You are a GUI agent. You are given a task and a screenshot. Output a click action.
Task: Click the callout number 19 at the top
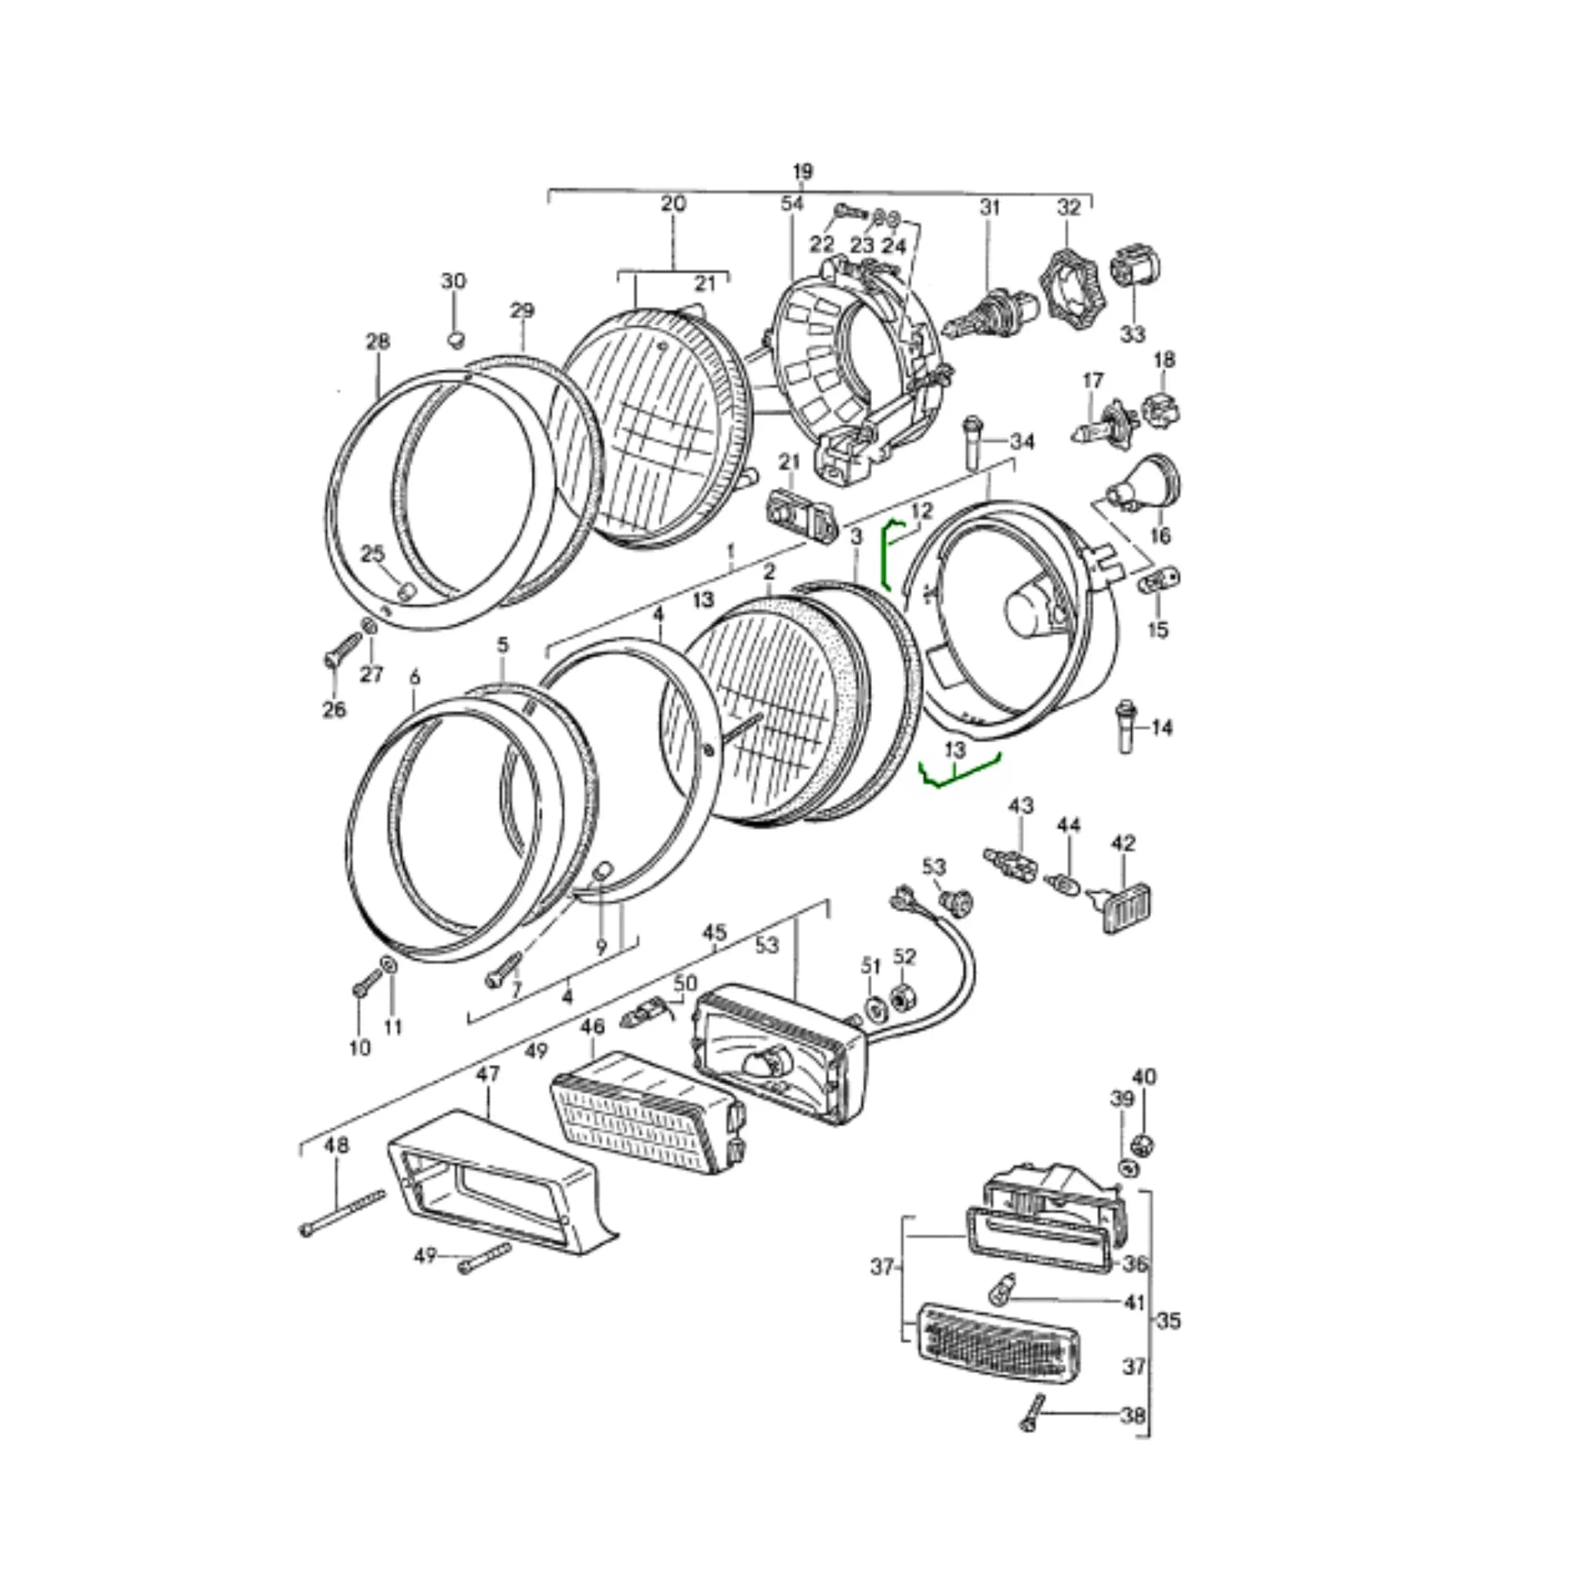(803, 172)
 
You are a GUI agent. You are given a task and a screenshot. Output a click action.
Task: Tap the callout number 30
(453, 281)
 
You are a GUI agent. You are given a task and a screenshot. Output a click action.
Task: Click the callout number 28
(378, 342)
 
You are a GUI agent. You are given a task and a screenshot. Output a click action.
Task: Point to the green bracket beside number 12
(887, 556)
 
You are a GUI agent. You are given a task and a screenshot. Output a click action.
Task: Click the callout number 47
(488, 1074)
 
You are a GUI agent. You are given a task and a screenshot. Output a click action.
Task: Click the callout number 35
(1170, 1320)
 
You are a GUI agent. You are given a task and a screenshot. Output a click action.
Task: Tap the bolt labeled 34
(972, 442)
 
